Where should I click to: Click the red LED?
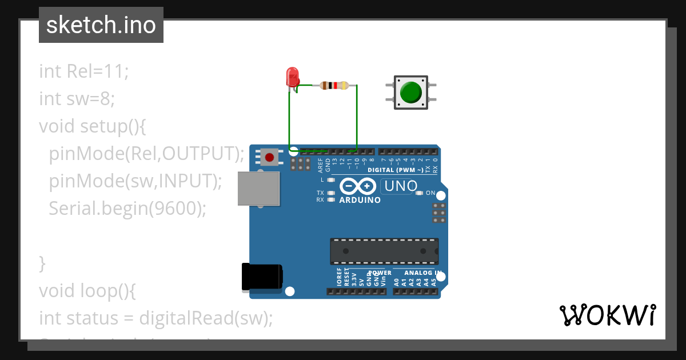pos(292,77)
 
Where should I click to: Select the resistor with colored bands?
pos(334,86)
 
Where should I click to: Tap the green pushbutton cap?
pos(410,92)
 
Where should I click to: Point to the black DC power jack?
pos(262,277)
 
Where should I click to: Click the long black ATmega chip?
pos(384,251)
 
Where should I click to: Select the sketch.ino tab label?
pos(101,25)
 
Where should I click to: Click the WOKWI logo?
pos(607,315)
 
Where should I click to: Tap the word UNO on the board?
pos(401,186)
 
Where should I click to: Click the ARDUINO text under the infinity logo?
pos(360,201)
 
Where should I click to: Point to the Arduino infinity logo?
pos(358,186)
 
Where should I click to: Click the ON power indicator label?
pos(430,193)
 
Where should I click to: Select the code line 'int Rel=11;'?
pos(84,71)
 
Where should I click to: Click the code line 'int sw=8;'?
pos(77,99)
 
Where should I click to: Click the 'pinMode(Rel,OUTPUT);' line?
pos(146,153)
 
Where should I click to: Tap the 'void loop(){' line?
pos(87,291)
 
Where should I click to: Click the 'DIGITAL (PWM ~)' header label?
pos(396,170)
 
